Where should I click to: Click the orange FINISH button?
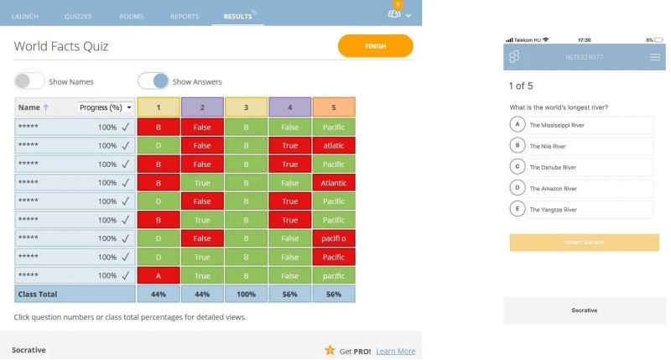coord(375,46)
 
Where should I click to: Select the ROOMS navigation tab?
coord(132,16)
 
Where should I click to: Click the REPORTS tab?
coord(184,16)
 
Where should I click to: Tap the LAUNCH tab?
coord(25,16)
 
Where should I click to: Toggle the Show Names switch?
coord(29,81)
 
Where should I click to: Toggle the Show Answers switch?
coord(153,81)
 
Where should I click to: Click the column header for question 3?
coord(247,107)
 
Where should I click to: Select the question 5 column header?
coord(334,107)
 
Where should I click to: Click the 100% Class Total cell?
coord(247,295)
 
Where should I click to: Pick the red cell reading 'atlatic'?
coord(334,145)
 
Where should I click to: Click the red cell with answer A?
coord(159,275)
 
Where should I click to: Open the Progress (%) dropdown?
coord(106,107)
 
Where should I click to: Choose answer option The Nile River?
coord(581,146)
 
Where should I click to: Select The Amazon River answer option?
coord(581,189)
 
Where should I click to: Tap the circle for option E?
coord(518,210)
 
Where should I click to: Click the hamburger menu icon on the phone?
coord(655,57)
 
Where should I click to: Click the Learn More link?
coord(395,351)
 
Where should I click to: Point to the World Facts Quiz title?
coord(61,46)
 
